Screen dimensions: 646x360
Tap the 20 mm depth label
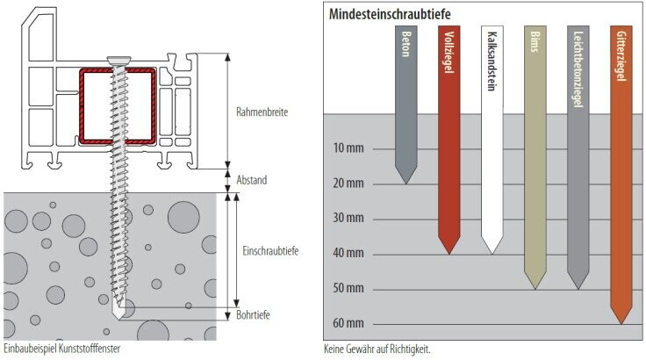[348, 184]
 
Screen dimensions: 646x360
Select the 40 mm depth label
[348, 254]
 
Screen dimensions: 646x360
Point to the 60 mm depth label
[348, 324]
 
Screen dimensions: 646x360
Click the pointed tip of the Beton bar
[405, 182]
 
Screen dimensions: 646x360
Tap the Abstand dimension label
[252, 180]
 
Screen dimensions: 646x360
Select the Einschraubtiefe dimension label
[270, 251]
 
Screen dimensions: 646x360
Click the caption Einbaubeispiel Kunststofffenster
[61, 349]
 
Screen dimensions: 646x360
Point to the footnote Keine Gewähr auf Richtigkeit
[377, 349]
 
